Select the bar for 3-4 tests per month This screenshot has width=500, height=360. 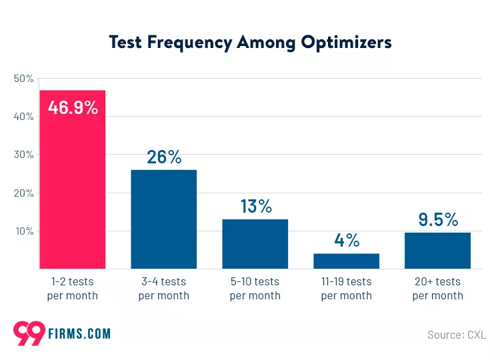163,219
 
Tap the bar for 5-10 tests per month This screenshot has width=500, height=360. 255,244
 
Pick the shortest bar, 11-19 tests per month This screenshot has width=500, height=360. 346,261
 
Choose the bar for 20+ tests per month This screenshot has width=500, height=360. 437,251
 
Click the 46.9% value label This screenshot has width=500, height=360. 73,107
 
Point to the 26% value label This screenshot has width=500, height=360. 163,157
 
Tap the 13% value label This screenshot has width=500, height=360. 255,206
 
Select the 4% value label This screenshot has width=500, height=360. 347,240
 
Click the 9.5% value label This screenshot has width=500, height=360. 437,219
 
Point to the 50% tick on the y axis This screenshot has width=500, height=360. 23,79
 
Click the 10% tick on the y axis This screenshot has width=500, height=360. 24,231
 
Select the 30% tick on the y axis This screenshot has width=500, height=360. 23,155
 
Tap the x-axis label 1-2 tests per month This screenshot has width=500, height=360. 72,289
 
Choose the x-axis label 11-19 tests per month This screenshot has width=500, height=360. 346,289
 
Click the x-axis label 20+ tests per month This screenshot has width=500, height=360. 437,289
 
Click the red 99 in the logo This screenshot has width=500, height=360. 29,333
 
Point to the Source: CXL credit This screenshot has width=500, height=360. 456,334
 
